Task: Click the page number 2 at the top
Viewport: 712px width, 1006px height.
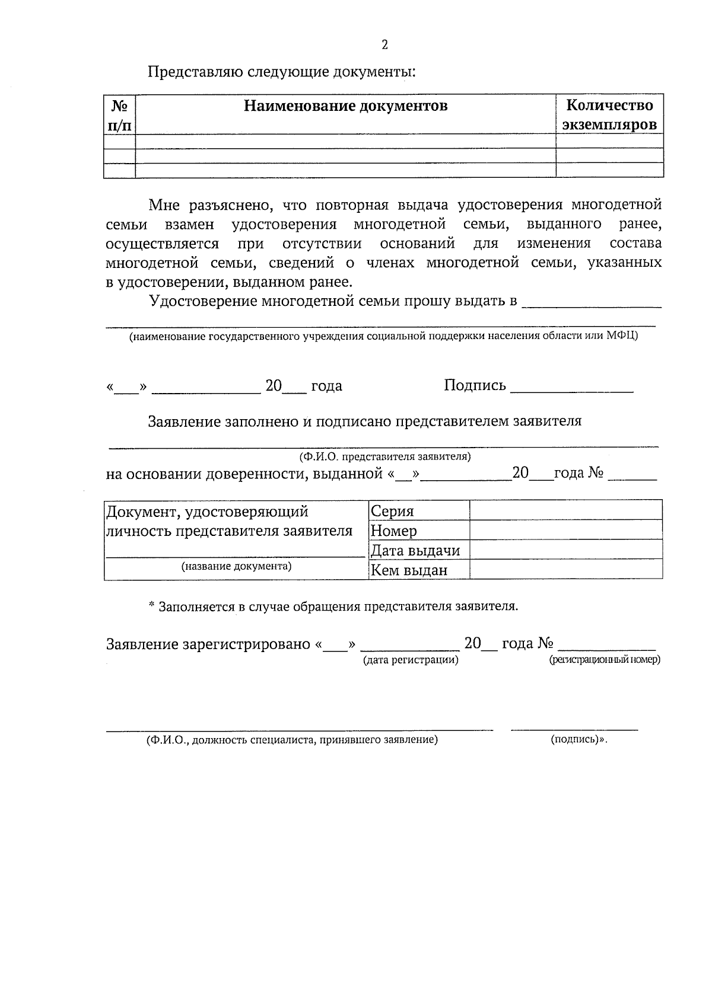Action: [x=384, y=45]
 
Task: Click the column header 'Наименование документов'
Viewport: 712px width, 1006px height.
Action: [x=345, y=106]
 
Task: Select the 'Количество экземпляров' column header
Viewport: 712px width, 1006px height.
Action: [x=609, y=115]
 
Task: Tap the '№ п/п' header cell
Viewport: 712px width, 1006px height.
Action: [x=119, y=115]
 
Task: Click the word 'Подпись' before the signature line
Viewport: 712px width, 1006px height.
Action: [x=475, y=386]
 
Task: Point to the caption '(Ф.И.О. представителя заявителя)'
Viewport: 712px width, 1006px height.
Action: [x=385, y=456]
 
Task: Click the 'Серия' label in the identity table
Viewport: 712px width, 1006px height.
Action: [x=392, y=511]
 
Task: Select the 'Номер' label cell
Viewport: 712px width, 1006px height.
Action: [x=394, y=531]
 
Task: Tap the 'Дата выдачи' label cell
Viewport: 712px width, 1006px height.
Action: [x=415, y=551]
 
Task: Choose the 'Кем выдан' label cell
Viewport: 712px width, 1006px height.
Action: [x=409, y=570]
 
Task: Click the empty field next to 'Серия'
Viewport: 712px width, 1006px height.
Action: [x=565, y=510]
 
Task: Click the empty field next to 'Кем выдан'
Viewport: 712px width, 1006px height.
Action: [x=565, y=570]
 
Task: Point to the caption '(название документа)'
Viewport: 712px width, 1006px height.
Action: [x=237, y=566]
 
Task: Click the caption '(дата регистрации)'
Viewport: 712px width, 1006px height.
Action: [x=411, y=660]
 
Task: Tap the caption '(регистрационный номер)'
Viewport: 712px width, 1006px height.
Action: [x=605, y=660]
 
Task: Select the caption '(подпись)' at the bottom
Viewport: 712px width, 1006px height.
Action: [x=577, y=740]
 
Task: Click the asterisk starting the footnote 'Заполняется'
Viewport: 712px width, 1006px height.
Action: [x=151, y=606]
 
